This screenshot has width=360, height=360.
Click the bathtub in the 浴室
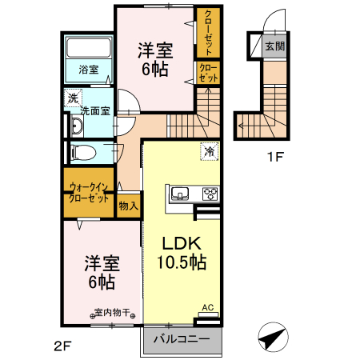pyautogui.click(x=89, y=48)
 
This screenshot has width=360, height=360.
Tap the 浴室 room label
pyautogui.click(x=89, y=70)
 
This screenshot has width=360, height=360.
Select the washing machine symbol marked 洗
pyautogui.click(x=73, y=98)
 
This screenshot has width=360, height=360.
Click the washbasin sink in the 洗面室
pyautogui.click(x=77, y=126)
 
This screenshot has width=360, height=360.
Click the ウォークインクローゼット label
pyautogui.click(x=89, y=193)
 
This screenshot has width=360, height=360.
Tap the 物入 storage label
pyautogui.click(x=129, y=206)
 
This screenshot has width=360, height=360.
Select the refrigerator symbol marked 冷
pyautogui.click(x=210, y=151)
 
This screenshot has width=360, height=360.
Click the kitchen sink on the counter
pyautogui.click(x=180, y=194)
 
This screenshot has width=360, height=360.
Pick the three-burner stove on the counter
pyautogui.click(x=210, y=194)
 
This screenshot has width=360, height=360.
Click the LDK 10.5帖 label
pyautogui.click(x=182, y=253)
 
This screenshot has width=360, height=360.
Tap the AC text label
pyautogui.click(x=208, y=307)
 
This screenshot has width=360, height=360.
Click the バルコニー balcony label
pyautogui.click(x=182, y=339)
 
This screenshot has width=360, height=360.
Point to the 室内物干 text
pyautogui.click(x=113, y=312)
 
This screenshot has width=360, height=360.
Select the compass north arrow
pyautogui.click(x=274, y=337)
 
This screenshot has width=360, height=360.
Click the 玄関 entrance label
pyautogui.click(x=275, y=46)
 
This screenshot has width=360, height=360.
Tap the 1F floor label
pyautogui.click(x=275, y=157)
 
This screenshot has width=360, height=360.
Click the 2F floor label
pyautogui.click(x=62, y=346)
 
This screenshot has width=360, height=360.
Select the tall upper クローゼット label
pyautogui.click(x=208, y=33)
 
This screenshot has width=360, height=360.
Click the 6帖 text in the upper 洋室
pyautogui.click(x=154, y=70)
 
